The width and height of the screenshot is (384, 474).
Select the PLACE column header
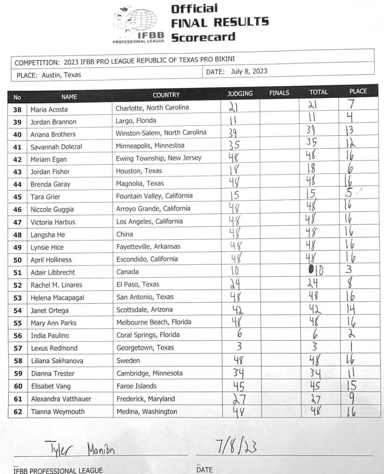point(358,91)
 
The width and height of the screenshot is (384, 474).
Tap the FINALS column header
point(279,93)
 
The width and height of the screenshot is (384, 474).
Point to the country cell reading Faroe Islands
point(136,386)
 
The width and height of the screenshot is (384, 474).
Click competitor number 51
point(18,272)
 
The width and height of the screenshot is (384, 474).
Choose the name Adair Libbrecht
point(53,272)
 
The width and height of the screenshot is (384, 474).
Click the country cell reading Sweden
point(128,361)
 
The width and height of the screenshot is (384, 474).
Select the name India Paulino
point(50,336)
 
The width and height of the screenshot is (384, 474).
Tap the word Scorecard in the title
point(203,37)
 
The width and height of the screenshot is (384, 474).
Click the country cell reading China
point(124,234)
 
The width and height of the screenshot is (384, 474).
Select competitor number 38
point(18,110)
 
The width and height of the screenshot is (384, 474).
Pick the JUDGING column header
point(240,94)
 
